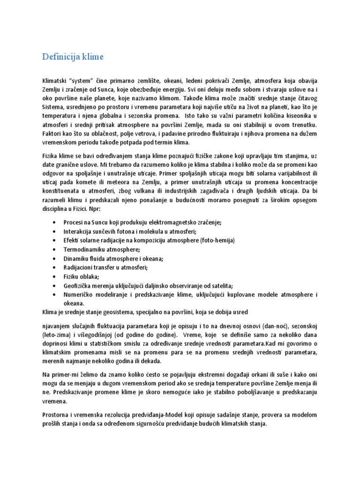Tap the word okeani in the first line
(x=151, y=81)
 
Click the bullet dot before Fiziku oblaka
(x=56, y=276)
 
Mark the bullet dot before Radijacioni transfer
(x=56, y=267)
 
